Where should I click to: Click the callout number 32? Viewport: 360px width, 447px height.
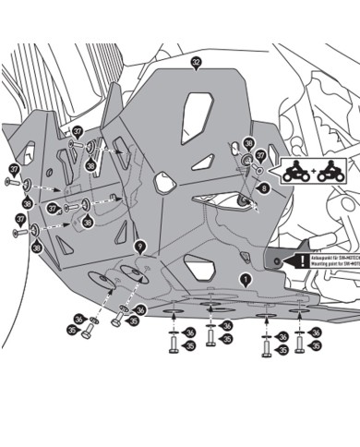pos(196,63)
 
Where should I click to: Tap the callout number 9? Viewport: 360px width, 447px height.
pos(139,247)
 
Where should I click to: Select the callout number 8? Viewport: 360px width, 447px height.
pos(265,187)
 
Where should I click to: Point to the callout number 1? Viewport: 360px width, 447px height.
pos(245,278)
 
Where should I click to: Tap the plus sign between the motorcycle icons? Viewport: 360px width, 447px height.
pos(311,173)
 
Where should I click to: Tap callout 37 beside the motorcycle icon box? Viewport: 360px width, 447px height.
pos(260,156)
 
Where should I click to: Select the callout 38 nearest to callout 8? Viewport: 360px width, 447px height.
pos(247,144)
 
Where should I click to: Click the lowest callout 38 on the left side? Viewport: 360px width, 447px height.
pos(37,248)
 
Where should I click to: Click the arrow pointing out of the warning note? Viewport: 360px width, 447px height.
pos(280,261)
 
